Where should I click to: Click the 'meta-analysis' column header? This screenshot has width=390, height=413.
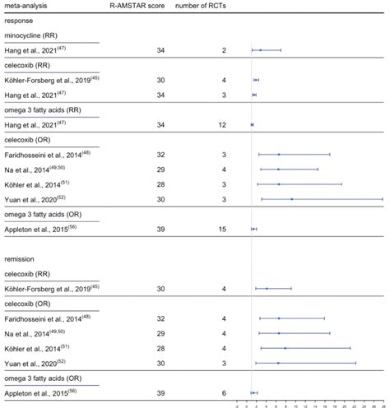26,7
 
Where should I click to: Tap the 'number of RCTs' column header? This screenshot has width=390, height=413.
202,7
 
